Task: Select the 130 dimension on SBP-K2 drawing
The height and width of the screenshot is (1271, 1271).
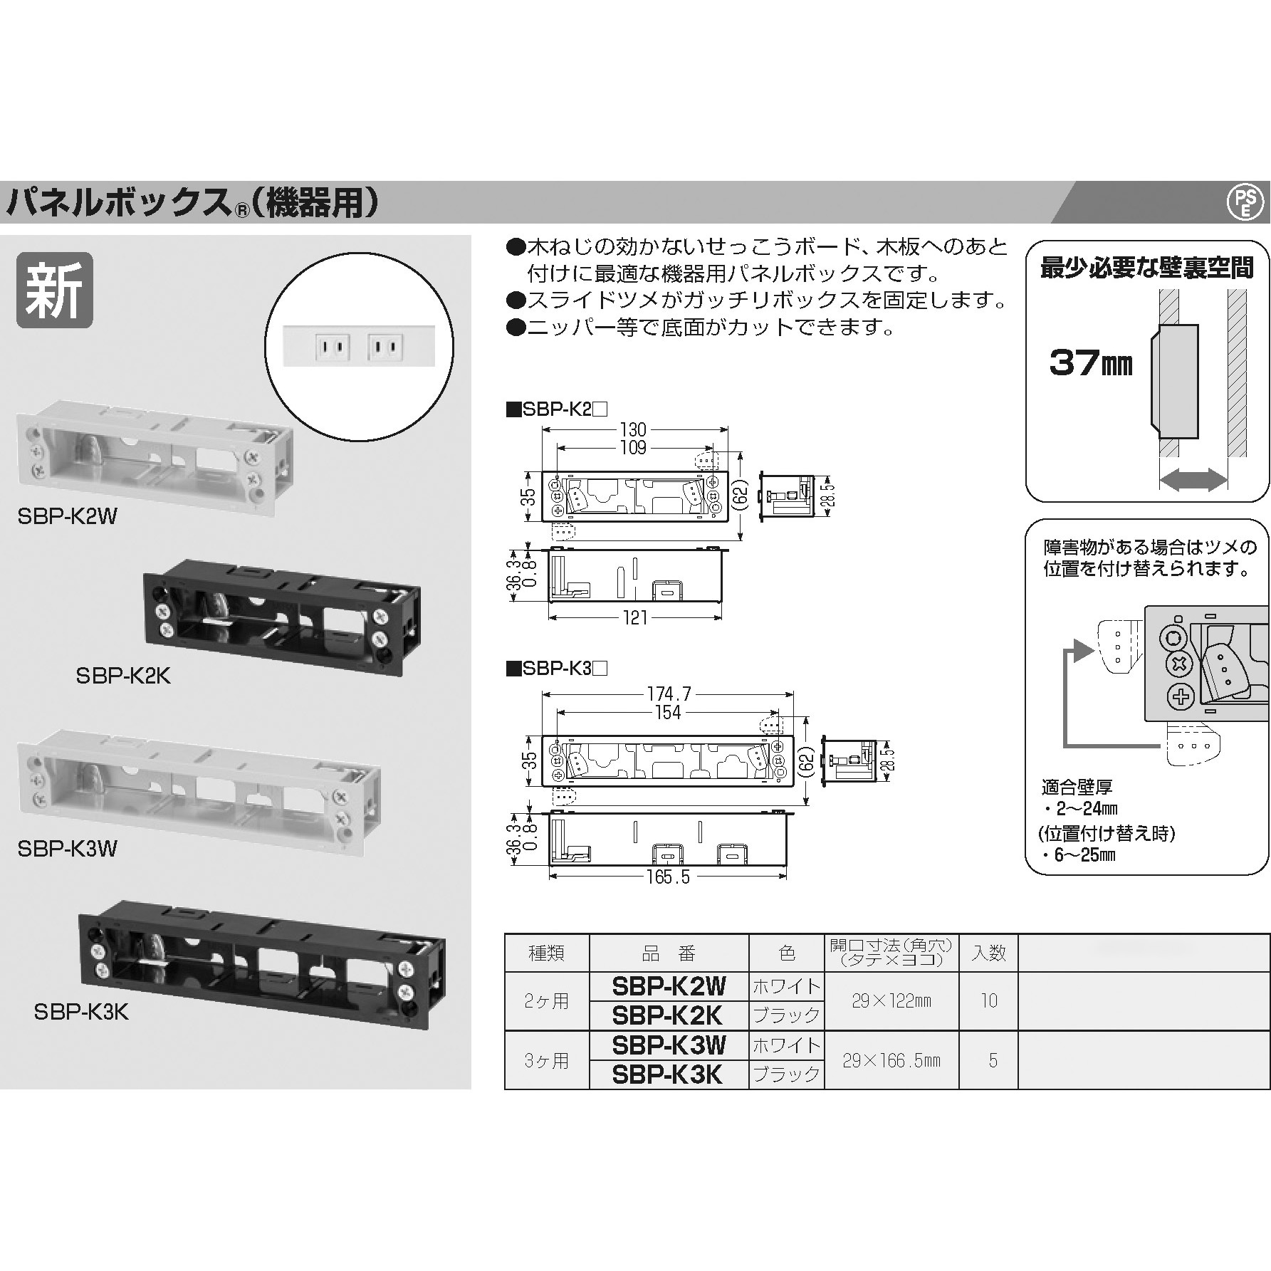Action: click(x=633, y=429)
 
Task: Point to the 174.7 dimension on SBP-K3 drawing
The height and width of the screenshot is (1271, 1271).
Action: click(x=669, y=694)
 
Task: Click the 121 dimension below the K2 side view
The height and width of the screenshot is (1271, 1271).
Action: click(x=634, y=617)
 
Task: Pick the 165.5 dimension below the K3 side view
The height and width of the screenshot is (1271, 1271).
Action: click(x=668, y=877)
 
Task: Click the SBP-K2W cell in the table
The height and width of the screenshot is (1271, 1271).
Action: click(x=669, y=986)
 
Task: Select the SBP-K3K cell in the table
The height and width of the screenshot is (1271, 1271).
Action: click(x=669, y=1074)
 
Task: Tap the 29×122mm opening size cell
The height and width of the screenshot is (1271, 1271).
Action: click(x=891, y=1000)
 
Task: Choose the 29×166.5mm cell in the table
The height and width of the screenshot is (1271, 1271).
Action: click(x=891, y=1060)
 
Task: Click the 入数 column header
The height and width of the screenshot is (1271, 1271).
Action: click(x=988, y=952)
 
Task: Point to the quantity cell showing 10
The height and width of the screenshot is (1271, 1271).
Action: click(x=988, y=1000)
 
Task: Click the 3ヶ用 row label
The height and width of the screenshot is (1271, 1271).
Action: click(x=546, y=1060)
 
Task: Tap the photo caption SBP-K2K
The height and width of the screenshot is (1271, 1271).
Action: click(x=123, y=675)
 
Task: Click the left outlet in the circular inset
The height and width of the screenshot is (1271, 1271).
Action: click(x=332, y=347)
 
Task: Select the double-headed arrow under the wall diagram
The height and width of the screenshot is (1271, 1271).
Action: click(x=1193, y=480)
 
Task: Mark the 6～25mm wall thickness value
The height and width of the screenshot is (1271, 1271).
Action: click(x=1085, y=854)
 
